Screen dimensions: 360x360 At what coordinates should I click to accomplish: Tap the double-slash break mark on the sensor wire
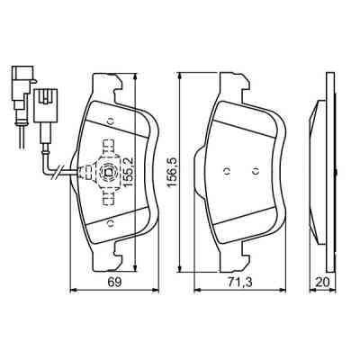coord(57,171)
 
